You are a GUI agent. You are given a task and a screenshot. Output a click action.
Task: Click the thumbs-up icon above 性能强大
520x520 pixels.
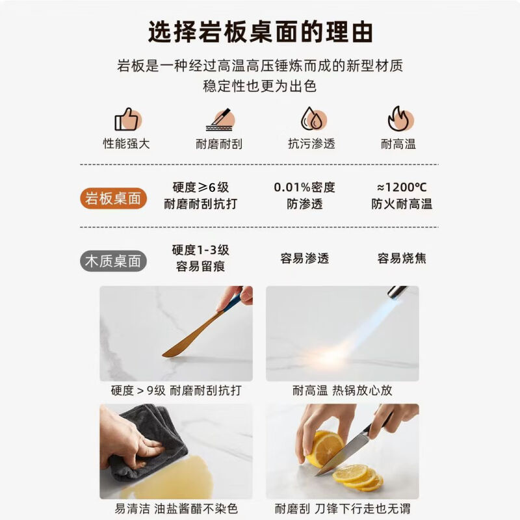[127, 120]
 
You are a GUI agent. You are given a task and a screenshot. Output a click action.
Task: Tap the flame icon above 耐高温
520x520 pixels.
[400, 119]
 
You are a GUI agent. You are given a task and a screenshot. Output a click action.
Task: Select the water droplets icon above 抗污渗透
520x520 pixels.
[313, 119]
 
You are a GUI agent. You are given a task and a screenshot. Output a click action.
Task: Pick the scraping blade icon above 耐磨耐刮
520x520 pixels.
[220, 120]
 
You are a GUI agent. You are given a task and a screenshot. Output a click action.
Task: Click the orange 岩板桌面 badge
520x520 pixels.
[113, 198]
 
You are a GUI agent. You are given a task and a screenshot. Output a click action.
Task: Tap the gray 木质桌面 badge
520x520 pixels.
[113, 261]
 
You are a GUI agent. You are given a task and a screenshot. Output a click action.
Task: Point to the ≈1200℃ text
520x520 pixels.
[402, 187]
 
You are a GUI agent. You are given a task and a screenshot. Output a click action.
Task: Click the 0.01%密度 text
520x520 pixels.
[304, 187]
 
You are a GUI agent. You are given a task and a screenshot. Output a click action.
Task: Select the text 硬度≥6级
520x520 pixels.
[201, 187]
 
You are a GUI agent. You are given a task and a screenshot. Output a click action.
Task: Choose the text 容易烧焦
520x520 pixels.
[402, 258]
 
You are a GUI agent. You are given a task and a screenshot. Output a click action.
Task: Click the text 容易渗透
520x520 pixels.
[304, 258]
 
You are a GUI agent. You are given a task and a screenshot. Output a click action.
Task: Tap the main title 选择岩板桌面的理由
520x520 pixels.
[261, 32]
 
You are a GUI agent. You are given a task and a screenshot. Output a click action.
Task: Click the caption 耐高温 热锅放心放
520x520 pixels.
[343, 391]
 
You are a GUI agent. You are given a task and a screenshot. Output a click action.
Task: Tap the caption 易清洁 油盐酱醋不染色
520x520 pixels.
[176, 508]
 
